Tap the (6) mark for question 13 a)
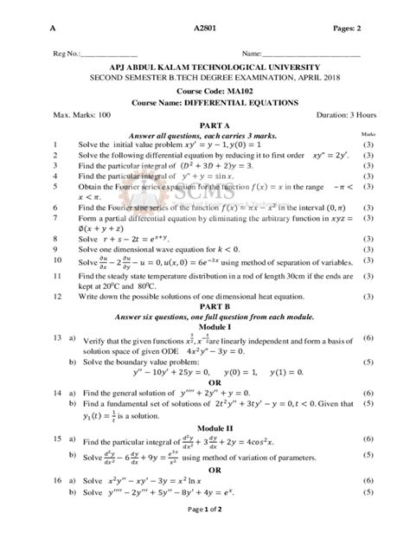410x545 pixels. [368, 337]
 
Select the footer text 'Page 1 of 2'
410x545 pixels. [204, 534]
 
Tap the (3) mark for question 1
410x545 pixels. [368, 144]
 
